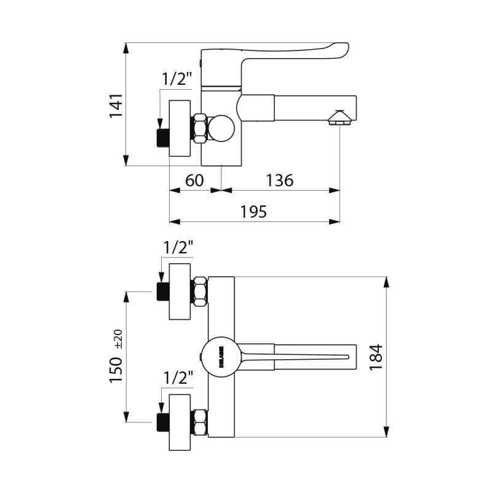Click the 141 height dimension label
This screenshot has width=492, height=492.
116,105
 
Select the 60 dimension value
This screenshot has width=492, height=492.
194,180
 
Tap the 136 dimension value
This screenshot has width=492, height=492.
280,180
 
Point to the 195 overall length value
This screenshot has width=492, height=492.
253,212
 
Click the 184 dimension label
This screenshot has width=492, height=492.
376,358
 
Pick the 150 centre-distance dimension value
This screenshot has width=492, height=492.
116,370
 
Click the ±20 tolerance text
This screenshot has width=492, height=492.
119,339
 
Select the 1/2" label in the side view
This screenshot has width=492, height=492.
177,79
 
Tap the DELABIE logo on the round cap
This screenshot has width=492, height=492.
222,357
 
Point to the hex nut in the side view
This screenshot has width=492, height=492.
200,129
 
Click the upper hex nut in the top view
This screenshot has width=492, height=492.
200,292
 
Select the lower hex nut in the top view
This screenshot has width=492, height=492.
200,423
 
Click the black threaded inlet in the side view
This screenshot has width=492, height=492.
163,137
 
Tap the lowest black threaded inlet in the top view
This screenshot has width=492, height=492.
163,423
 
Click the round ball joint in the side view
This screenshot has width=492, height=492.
221,129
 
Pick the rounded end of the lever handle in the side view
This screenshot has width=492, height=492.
341,50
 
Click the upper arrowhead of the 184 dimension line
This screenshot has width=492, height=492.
387,282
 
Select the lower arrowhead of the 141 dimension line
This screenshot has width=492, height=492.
126,160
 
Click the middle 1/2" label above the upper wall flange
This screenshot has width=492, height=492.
178,248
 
